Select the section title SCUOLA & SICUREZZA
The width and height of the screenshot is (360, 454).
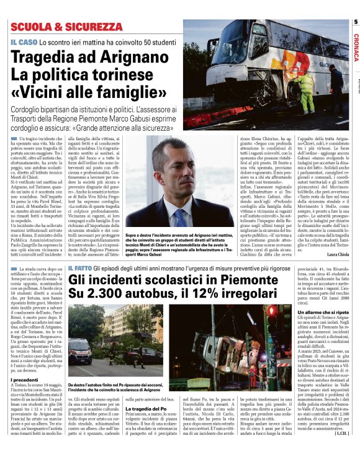tap(66, 27)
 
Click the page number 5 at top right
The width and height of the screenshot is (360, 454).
tap(356, 22)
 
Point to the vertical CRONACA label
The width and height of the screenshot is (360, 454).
tap(356, 47)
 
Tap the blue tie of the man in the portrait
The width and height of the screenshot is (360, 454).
tap(180, 218)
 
